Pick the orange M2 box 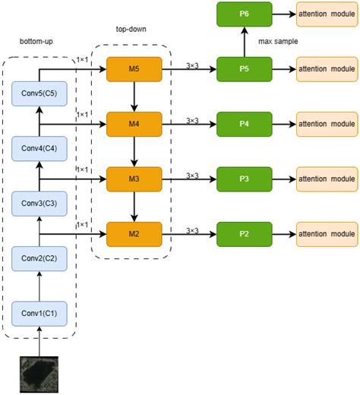(134, 232)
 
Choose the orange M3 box (134, 179)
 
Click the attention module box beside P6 (327, 14)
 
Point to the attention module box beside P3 (327, 179)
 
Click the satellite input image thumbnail (37, 374)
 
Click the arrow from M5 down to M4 (134, 95)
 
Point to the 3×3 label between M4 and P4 (192, 119)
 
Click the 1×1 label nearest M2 (83, 226)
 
